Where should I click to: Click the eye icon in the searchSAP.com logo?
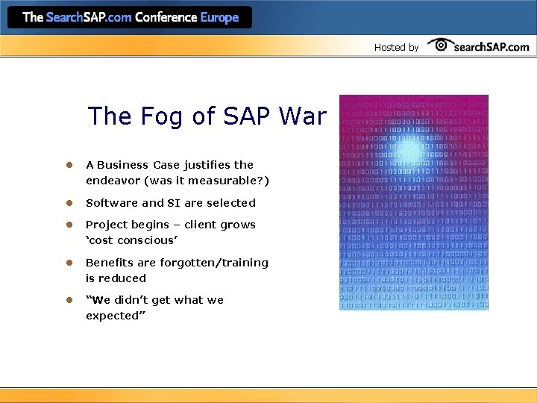click(x=440, y=45)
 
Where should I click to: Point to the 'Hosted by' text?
click(x=396, y=48)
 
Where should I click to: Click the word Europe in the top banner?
click(x=219, y=17)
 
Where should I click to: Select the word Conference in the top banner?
click(x=166, y=17)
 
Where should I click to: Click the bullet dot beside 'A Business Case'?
click(x=67, y=165)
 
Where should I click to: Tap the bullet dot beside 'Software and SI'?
click(x=67, y=203)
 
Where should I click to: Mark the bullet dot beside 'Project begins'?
click(x=67, y=225)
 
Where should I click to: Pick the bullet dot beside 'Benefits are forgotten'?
click(x=67, y=263)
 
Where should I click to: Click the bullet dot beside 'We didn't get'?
click(x=67, y=300)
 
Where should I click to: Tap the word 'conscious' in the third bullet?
click(x=150, y=241)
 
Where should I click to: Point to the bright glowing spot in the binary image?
click(x=407, y=150)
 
